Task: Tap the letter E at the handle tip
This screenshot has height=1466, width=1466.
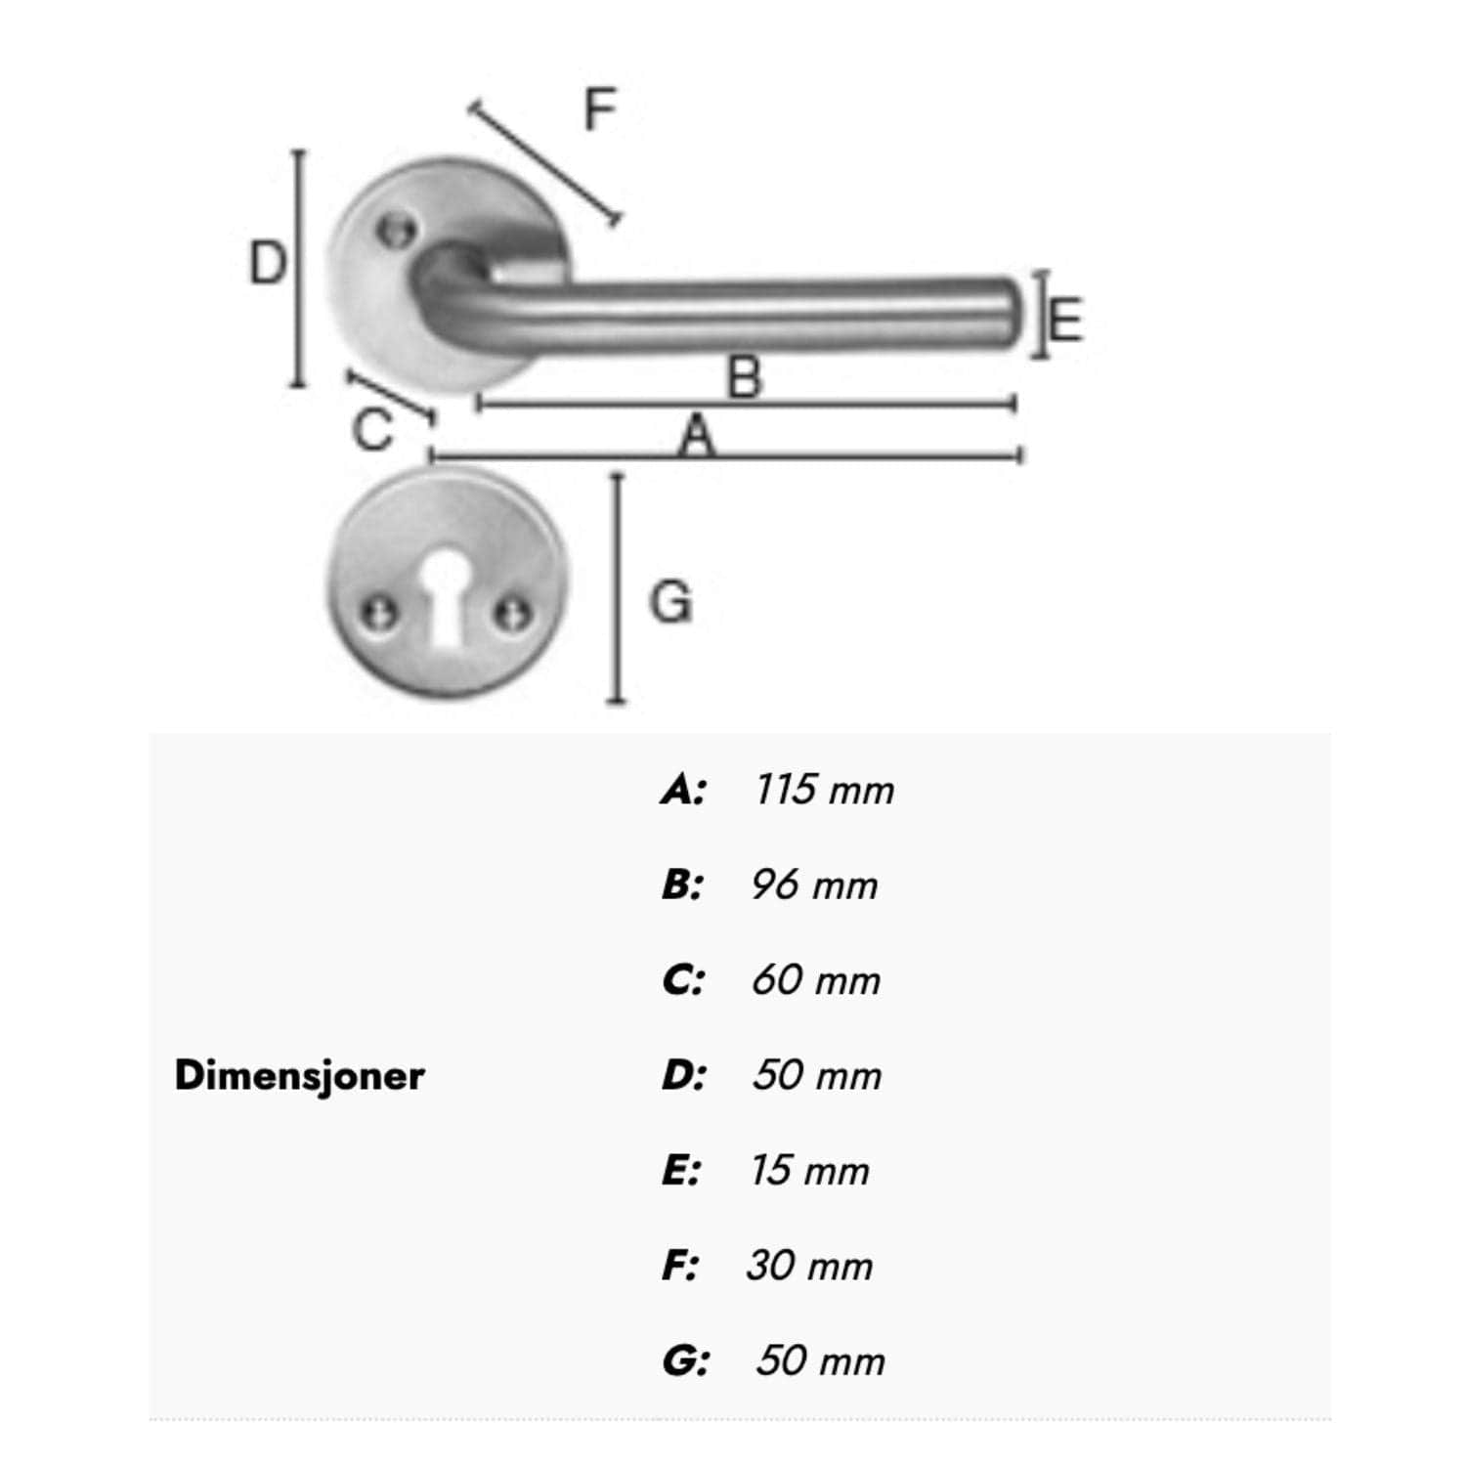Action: [1066, 320]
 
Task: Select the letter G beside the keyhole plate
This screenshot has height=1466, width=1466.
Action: [671, 601]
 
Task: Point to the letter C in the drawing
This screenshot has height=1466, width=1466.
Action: [372, 430]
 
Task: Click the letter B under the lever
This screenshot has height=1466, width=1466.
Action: [745, 377]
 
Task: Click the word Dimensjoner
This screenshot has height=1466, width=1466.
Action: [299, 1076]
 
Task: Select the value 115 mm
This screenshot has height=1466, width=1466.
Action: [824, 790]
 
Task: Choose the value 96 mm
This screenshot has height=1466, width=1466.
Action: [814, 885]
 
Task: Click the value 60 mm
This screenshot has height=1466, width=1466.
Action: [816, 980]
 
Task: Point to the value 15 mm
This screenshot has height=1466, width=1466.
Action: [809, 1171]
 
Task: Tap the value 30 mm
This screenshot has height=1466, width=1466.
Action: [809, 1266]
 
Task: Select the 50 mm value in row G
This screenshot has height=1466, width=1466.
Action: [820, 1360]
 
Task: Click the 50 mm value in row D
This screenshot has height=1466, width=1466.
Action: [817, 1075]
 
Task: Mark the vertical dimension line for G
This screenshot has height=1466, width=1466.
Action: [616, 587]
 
